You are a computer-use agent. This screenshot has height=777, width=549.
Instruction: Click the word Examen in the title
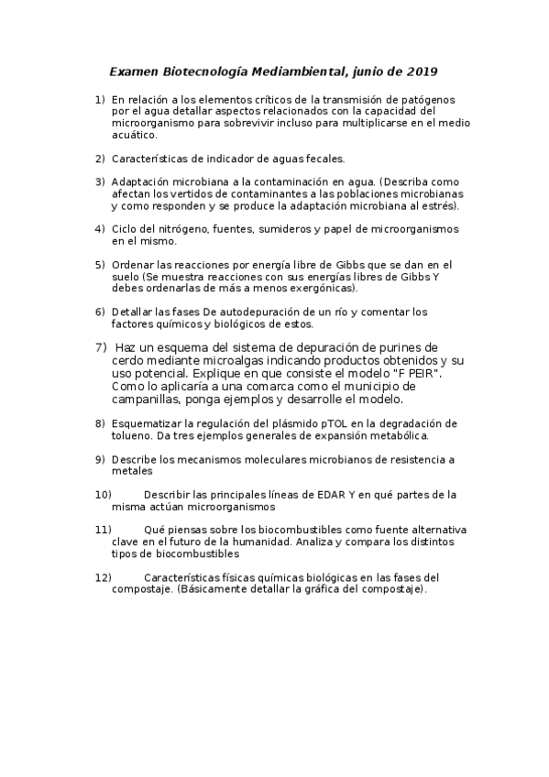coord(133,71)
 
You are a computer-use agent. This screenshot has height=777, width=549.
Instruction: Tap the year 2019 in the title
coord(422,71)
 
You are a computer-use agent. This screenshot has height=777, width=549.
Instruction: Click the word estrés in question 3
coord(438,206)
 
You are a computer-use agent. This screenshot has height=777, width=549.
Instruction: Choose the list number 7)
coord(101,347)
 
